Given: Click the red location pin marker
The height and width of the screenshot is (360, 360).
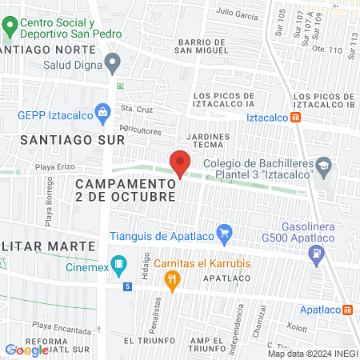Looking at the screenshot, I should (x=180, y=163).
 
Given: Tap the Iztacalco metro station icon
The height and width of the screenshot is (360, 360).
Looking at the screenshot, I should (x=296, y=118).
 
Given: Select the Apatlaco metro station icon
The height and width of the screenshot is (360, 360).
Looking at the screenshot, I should (x=347, y=310).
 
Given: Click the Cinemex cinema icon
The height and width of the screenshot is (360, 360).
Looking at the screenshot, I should (x=119, y=263).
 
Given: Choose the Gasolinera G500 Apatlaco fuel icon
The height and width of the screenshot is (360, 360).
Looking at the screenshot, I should (x=318, y=255).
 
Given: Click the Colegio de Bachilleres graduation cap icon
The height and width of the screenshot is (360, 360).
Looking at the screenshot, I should (x=323, y=168).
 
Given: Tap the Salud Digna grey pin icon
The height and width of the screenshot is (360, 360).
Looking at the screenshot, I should (x=114, y=61).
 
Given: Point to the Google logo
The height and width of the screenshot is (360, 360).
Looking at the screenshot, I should (x=26, y=350).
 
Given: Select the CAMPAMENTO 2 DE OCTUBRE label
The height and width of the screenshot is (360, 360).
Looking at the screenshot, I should (x=126, y=190).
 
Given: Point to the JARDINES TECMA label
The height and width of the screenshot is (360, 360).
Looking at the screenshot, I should (x=208, y=140).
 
